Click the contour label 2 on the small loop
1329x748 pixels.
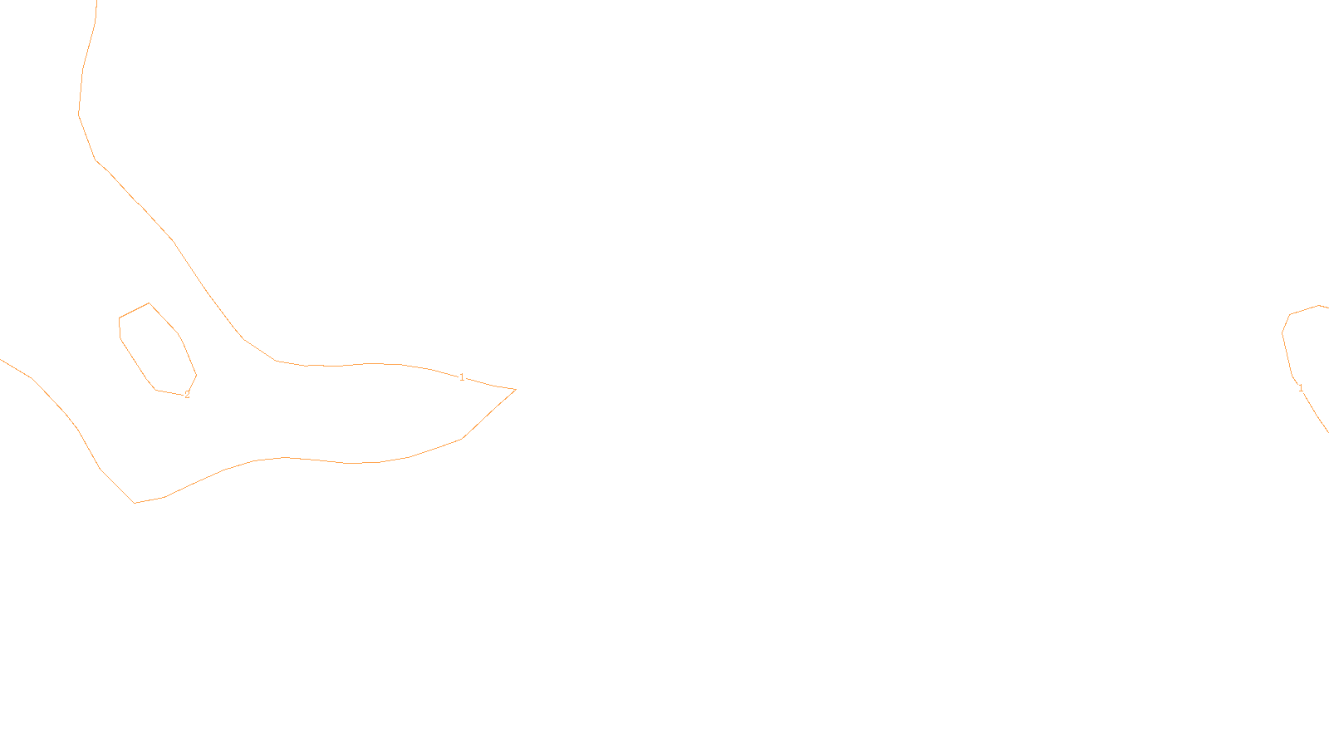tap(187, 395)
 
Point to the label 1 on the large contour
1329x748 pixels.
tap(462, 377)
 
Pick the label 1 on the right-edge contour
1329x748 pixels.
tap(1300, 388)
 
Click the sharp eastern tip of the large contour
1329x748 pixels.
tap(516, 389)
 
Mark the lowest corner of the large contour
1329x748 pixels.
tap(135, 503)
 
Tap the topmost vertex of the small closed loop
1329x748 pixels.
tap(150, 303)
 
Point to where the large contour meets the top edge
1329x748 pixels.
tap(97, 2)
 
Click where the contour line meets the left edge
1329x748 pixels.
tap(2, 359)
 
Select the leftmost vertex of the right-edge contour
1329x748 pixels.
tap(1282, 333)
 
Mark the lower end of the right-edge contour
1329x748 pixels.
tap(1327, 431)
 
